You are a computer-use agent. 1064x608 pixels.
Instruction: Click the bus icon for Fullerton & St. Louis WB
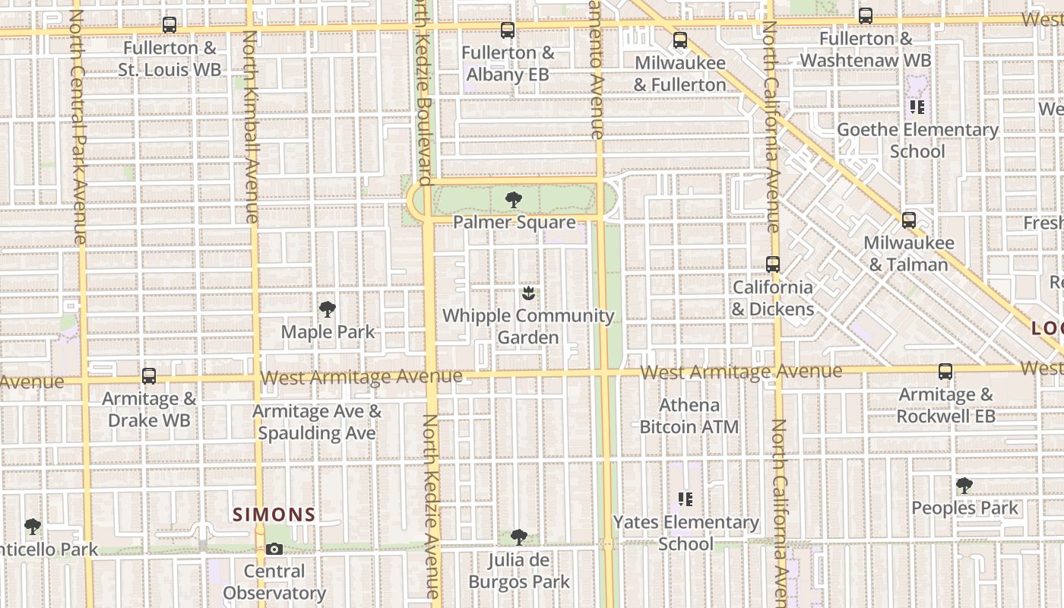click(x=169, y=25)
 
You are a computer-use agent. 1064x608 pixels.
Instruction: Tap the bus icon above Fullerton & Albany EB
click(x=508, y=30)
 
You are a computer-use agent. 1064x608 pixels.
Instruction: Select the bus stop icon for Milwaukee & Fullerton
click(x=680, y=40)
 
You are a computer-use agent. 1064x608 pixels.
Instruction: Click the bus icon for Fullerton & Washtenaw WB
click(x=865, y=16)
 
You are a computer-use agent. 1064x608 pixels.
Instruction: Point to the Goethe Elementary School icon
click(x=917, y=107)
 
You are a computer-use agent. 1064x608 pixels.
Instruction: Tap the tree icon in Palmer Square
click(x=514, y=200)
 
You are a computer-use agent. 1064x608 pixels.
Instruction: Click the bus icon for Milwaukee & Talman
click(x=908, y=220)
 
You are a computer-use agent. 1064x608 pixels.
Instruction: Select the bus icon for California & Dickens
click(x=773, y=264)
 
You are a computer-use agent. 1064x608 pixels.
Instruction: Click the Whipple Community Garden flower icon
click(x=528, y=293)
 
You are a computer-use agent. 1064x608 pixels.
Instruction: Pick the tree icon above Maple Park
click(x=328, y=309)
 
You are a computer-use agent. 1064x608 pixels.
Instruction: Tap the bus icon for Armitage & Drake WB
click(x=149, y=376)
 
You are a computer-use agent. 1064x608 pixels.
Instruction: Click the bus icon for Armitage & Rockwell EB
click(x=945, y=372)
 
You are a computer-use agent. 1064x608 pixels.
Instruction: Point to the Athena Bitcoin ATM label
click(x=689, y=416)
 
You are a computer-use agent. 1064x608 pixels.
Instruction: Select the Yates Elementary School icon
click(x=686, y=499)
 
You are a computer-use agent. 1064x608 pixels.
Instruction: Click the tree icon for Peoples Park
click(x=964, y=485)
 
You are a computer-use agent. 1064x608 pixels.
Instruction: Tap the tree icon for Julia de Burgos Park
click(x=519, y=537)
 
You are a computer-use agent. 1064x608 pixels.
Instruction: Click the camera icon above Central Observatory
click(x=274, y=549)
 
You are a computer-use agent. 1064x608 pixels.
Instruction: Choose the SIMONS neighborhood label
click(x=274, y=515)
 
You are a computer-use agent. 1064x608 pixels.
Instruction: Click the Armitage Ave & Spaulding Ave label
click(x=317, y=422)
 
